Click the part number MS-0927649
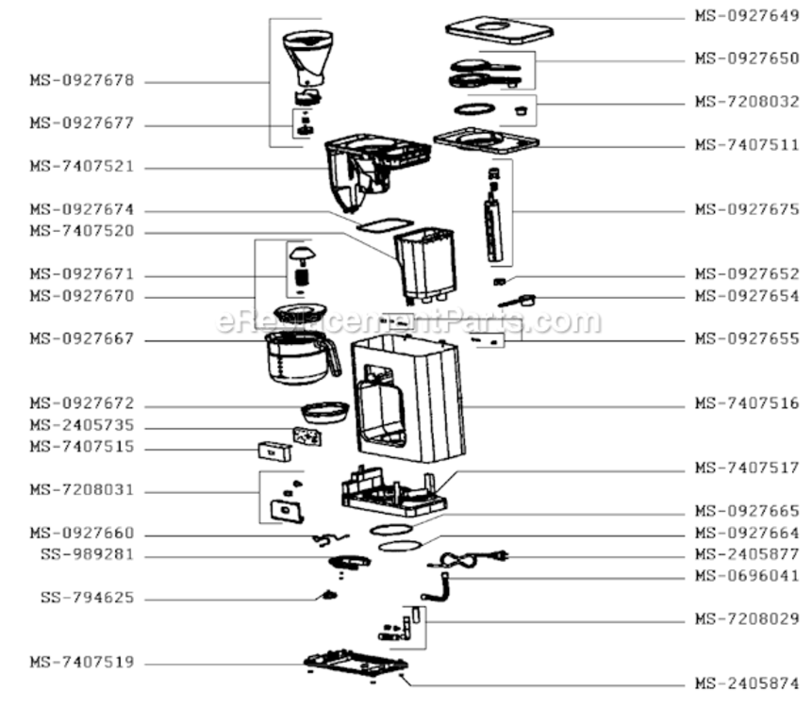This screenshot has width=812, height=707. pos(747,15)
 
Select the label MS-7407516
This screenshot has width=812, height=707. pos(747,403)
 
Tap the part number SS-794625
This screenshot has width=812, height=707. pos(87,598)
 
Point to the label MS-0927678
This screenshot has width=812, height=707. pos(82,80)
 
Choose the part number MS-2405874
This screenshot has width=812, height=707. pos(747,683)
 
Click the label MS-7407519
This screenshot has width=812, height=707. pos(82,662)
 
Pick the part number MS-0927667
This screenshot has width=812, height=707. pos(82,338)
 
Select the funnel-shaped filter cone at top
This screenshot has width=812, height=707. pos(308,57)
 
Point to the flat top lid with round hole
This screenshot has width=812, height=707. pos(499,29)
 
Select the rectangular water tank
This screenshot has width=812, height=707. pos(425,265)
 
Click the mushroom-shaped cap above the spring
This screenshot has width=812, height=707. pos(303,255)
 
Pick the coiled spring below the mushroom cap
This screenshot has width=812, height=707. pos(302,277)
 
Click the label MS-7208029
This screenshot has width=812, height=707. pos(747,618)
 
